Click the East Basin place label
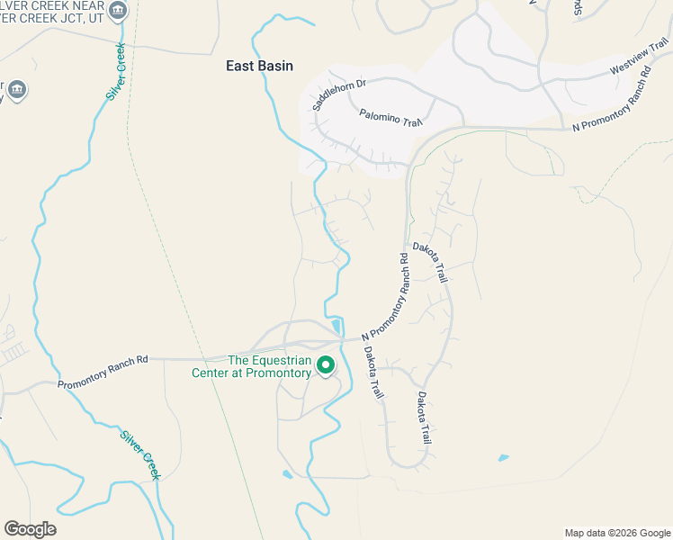point(259,66)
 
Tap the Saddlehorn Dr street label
point(339,94)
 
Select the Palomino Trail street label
point(390,118)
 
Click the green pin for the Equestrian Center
point(326,365)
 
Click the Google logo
point(30,529)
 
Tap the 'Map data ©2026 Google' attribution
point(617,533)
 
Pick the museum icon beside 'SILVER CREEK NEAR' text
point(118,11)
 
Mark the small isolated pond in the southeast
point(502,458)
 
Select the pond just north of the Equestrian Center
point(336,326)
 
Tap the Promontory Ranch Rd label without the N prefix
point(103,373)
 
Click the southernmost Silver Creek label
point(140,454)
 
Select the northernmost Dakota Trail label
point(430,263)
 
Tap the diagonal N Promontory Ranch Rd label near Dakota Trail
point(386,297)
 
